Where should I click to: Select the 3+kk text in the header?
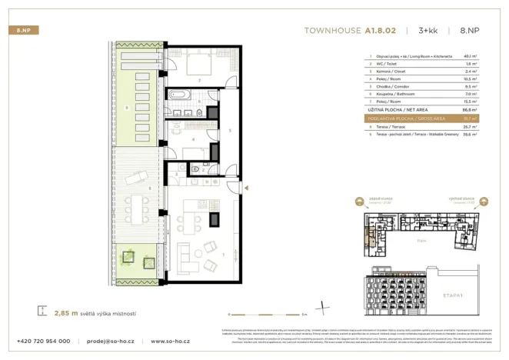pos(428,32)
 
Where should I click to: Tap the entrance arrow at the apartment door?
pos(245,187)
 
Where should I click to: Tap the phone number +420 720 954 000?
pos(44,341)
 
